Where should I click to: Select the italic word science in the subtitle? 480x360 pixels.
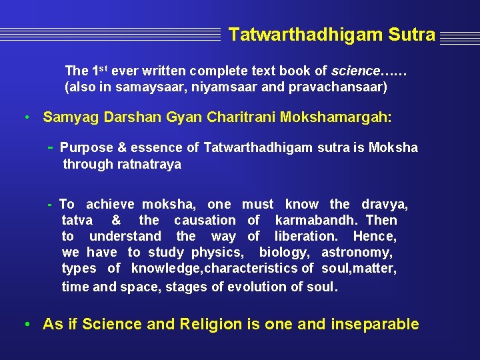click(356, 71)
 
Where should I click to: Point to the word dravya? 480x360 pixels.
click(385, 204)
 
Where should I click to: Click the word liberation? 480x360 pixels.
click(306, 236)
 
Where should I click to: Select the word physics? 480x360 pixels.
click(217, 252)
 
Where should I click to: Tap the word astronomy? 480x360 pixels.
click(357, 252)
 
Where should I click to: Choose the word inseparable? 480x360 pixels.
click(374, 325)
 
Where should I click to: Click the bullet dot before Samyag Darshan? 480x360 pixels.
click(25, 118)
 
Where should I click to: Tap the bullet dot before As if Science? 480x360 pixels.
click(25, 325)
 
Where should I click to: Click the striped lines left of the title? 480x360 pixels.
click(110, 34)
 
